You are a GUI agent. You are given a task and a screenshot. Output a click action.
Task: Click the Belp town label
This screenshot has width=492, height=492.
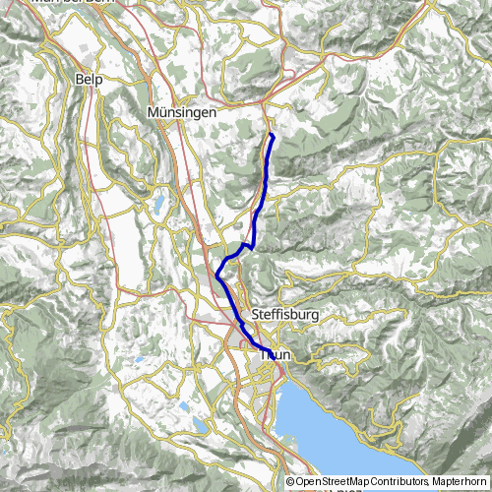pos(89,77)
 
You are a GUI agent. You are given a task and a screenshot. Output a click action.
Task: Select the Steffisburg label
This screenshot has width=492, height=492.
pos(288,314)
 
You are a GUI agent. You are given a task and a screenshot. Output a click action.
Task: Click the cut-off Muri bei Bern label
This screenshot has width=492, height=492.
pos(73,3)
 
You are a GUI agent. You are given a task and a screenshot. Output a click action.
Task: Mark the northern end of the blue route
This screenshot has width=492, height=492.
pos(271,134)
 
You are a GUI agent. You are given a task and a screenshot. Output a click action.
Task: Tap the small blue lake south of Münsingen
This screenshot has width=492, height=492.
pos(157,205)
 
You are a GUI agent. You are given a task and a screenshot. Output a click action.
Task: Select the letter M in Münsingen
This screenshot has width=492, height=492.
pos(153,112)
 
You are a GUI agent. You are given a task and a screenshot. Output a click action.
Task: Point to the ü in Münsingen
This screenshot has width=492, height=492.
pos(162,112)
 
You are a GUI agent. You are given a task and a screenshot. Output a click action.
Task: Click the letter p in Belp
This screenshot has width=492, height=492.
pos(99,78)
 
